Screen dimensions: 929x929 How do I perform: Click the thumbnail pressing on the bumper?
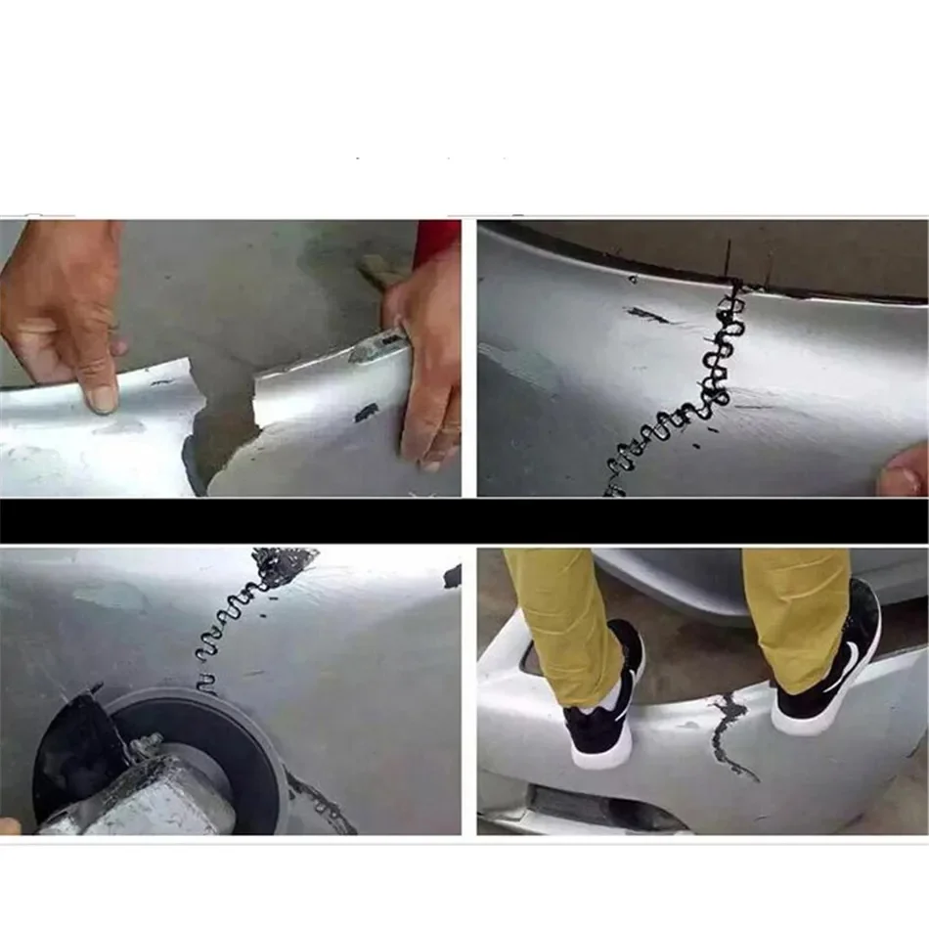[x=100, y=395]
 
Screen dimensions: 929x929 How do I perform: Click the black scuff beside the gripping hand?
[x=367, y=412]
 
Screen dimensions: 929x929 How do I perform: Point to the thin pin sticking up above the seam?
[x=729, y=260]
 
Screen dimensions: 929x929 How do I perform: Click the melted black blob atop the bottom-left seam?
[x=284, y=564]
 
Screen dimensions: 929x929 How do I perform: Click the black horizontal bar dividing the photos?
[x=464, y=520]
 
